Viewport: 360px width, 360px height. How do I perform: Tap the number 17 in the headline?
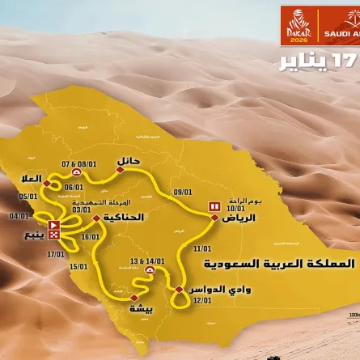tap(350, 61)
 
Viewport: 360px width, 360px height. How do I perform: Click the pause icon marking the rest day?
tap(214, 206)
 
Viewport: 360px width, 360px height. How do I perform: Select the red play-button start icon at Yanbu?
tap(53, 225)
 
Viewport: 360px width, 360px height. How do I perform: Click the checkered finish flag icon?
tap(53, 235)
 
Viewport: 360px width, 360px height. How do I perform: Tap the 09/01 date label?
tap(182, 192)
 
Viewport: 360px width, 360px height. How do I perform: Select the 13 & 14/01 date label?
tap(146, 262)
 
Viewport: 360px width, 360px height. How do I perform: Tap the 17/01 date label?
tap(55, 254)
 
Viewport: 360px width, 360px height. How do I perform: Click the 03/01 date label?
tap(81, 210)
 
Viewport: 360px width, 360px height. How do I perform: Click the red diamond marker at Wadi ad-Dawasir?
tap(178, 289)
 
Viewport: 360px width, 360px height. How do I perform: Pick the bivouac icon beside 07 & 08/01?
tap(76, 172)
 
